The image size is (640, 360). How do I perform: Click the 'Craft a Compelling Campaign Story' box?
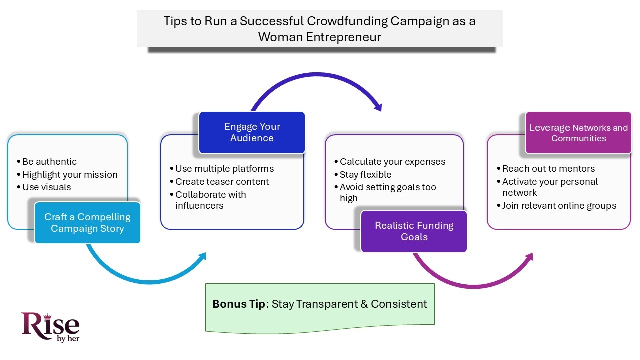87,223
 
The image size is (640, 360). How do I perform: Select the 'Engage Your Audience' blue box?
252,132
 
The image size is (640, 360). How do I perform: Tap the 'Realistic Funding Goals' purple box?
414,231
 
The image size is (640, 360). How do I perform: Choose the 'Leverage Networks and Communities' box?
578,133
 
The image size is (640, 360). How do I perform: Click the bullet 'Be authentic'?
49,162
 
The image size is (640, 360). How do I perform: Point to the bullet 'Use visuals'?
46,187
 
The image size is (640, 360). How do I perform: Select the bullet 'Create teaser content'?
222,182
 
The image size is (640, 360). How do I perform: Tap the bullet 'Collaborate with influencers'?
210,200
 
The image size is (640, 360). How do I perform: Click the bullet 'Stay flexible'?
365,175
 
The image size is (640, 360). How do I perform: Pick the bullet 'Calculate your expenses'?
392,162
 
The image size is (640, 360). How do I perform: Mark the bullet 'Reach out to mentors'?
548,169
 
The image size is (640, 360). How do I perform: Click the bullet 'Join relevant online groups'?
559,206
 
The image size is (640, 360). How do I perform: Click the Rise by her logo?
50,327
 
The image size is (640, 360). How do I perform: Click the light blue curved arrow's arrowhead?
202,256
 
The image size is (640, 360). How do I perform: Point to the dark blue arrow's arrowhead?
378,107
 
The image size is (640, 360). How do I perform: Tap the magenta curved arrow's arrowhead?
529,257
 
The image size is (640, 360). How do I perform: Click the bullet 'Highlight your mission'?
70,175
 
